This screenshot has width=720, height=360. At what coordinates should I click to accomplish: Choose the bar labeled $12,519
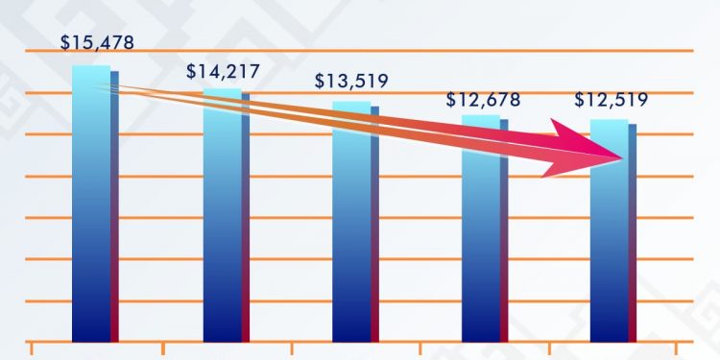(611, 250)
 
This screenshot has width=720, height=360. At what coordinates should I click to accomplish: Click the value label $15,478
(96, 42)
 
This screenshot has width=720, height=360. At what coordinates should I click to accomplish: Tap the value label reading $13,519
(351, 81)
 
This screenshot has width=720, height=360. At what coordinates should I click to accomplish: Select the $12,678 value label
(483, 100)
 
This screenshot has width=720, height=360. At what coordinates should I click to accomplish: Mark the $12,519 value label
(611, 100)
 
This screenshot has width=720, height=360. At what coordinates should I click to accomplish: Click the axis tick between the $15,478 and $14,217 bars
(163, 348)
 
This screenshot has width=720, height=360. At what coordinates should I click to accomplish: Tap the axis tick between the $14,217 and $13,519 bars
(292, 348)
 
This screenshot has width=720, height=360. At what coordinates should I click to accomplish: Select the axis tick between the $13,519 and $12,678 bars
(420, 348)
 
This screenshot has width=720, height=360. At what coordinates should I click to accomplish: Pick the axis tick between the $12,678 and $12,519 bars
(549, 348)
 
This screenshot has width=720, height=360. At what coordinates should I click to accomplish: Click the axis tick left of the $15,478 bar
(34, 348)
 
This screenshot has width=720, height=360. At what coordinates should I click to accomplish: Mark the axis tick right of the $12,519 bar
(678, 348)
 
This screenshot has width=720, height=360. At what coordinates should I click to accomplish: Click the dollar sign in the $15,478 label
(64, 42)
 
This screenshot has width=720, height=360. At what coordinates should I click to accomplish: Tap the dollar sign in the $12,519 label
(579, 100)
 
